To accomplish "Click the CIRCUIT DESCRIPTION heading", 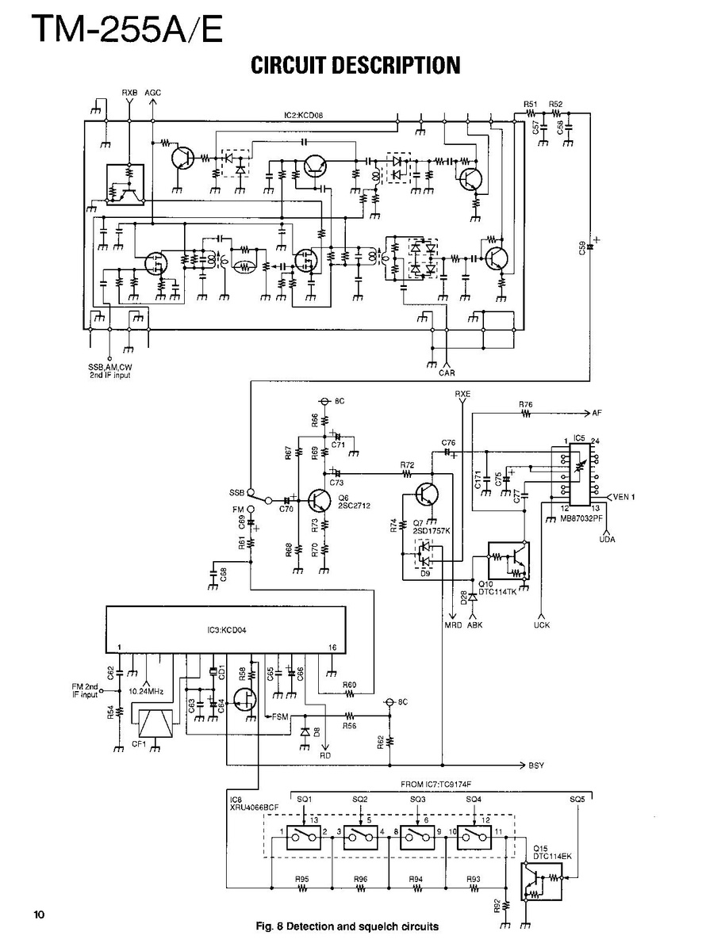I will (x=355, y=66).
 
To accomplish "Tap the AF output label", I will (x=597, y=413).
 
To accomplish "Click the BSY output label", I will (x=537, y=766).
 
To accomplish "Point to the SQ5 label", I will (x=577, y=800).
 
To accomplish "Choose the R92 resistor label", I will (x=496, y=906).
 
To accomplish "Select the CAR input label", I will (x=447, y=373).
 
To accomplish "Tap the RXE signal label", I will (x=462, y=394).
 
